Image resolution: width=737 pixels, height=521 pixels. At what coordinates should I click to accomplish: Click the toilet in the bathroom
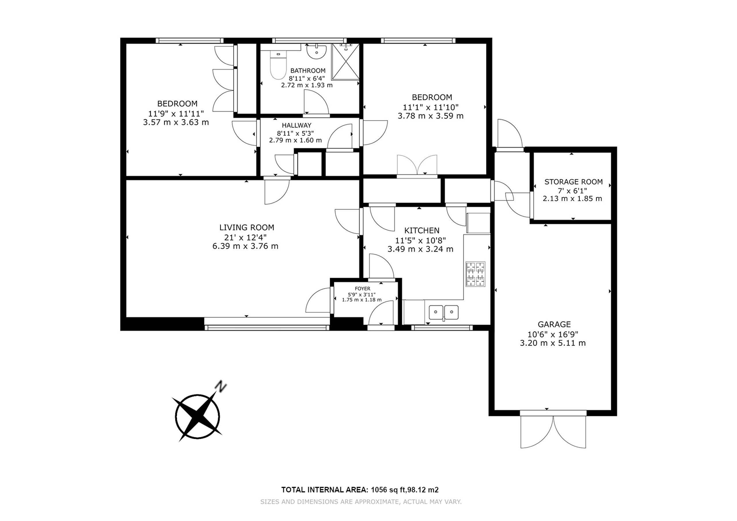click(x=278, y=65)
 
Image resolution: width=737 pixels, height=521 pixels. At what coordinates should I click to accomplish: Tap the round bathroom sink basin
click(x=316, y=52)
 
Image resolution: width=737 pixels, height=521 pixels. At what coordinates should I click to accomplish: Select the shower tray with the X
click(x=345, y=62)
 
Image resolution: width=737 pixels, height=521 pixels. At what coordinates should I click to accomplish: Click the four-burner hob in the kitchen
click(x=475, y=274)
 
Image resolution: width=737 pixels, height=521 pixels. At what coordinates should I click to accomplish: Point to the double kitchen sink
click(x=444, y=312)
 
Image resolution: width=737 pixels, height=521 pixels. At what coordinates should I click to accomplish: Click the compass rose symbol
click(x=198, y=417)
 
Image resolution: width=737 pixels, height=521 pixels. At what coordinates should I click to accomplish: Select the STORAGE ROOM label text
click(x=573, y=182)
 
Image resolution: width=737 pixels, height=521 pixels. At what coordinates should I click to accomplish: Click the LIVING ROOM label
click(x=247, y=228)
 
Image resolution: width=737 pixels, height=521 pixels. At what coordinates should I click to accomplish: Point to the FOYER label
click(x=362, y=289)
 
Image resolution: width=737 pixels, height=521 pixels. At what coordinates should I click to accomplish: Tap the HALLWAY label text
click(x=297, y=126)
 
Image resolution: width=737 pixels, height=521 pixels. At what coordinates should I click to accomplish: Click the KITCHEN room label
click(x=422, y=231)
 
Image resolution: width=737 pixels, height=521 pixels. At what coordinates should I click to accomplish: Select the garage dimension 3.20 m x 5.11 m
click(x=553, y=343)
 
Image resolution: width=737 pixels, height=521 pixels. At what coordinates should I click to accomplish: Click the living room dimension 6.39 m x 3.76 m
click(x=245, y=246)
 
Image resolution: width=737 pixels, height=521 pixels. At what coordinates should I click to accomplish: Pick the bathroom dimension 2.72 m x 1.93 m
click(x=307, y=85)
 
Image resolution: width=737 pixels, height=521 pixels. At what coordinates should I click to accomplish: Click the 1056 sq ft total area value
click(x=388, y=490)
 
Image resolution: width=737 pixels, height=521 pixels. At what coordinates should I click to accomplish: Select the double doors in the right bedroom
click(x=417, y=165)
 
